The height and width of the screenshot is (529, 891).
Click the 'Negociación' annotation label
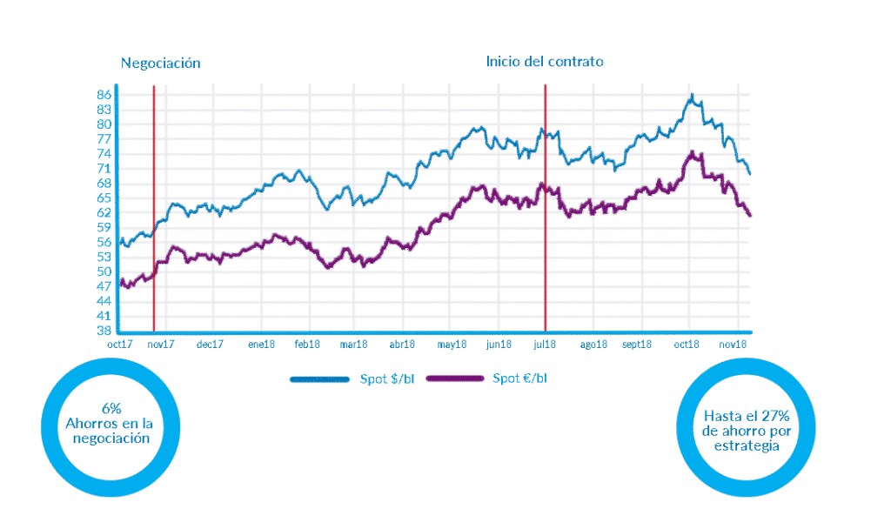161,63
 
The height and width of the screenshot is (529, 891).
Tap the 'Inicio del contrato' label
545,62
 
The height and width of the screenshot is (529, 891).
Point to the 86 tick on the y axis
104,94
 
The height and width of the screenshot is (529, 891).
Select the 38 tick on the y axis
104,331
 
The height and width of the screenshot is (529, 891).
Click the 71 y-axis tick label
104,168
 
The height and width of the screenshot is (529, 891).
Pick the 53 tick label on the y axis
104,257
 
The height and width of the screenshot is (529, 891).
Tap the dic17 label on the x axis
210,344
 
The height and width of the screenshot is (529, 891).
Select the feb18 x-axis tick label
307,344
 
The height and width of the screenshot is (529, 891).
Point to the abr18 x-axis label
401,344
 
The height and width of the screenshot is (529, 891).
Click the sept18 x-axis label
638,344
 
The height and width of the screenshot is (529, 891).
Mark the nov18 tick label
735,344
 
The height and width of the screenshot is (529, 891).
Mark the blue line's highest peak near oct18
691,94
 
